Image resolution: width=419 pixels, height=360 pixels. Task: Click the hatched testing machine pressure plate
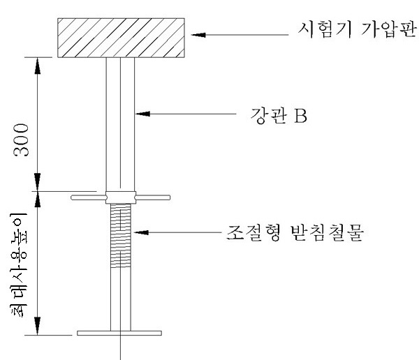(122, 36)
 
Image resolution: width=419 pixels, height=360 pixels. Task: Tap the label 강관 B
(278, 114)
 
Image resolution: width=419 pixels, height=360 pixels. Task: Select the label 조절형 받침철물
(300, 231)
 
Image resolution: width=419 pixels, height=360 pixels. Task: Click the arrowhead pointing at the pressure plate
(200, 33)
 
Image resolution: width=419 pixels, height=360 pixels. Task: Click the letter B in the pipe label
(301, 114)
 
